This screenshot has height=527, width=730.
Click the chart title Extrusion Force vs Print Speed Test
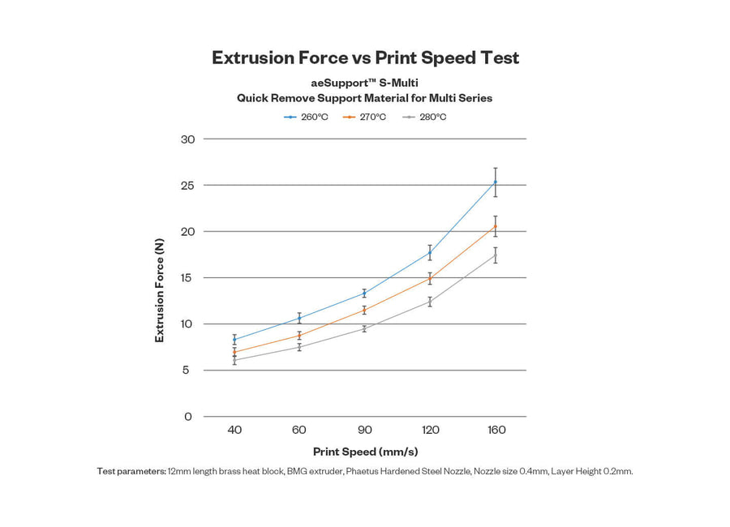tap(365, 58)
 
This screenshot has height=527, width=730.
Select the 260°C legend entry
tap(307, 117)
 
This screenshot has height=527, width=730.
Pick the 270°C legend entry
tap(366, 117)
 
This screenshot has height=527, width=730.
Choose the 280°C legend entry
tap(426, 117)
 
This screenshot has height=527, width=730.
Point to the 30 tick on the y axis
tap(187, 139)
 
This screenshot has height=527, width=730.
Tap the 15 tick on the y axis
tap(187, 278)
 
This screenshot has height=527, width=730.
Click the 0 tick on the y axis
tap(188, 417)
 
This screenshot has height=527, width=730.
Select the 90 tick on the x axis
tap(365, 430)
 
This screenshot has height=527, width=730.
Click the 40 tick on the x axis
tap(234, 430)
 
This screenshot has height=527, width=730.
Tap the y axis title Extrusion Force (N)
tap(160, 289)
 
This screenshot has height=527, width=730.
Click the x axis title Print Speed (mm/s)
tap(365, 452)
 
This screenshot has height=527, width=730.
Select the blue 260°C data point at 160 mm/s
tap(495, 182)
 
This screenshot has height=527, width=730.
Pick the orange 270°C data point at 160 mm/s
tap(495, 226)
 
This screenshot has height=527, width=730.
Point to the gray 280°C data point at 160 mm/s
tap(495, 255)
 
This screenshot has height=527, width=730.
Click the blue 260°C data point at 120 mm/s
tap(430, 253)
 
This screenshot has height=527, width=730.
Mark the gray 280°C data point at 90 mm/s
tap(365, 328)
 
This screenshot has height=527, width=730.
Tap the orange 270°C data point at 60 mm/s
tap(299, 336)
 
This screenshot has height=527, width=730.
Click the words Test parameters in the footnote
tap(131, 471)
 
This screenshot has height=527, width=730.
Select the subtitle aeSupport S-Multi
tap(365, 83)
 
